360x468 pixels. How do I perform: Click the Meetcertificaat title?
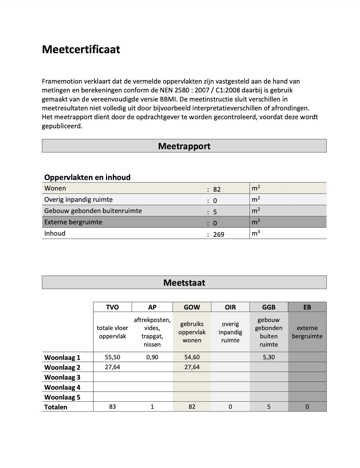[x=81, y=49]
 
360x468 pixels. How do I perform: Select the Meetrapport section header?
[x=184, y=146]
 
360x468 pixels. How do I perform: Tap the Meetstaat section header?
[x=184, y=283]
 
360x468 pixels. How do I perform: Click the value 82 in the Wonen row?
[x=217, y=189]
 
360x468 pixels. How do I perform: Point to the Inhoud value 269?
[x=219, y=235]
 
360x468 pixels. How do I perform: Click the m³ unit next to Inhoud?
[x=256, y=233]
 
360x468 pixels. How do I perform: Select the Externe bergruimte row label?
[x=73, y=222]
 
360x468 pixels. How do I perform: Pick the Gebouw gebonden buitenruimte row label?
[x=93, y=211]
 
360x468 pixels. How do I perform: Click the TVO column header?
[x=112, y=307]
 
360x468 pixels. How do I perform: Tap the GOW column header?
[x=192, y=307]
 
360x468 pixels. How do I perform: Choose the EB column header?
[x=307, y=307]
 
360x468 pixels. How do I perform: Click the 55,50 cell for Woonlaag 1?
[x=112, y=357]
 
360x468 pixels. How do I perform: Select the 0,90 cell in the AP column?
[x=152, y=357]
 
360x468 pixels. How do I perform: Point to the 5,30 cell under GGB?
[x=269, y=357]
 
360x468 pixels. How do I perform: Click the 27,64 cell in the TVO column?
[x=112, y=367]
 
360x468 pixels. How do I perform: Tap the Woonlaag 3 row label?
[x=62, y=377]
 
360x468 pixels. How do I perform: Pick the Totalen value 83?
[x=112, y=407]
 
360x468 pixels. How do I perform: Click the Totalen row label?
[x=56, y=407]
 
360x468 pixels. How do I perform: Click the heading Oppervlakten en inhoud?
[x=87, y=177]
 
